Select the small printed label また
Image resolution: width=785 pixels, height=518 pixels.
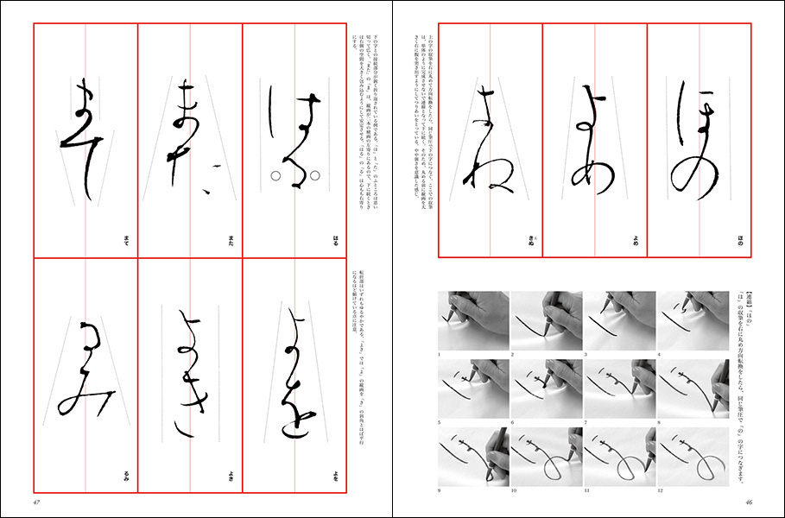231,246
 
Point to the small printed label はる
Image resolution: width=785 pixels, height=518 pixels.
336,246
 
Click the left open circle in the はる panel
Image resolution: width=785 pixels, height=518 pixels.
274,176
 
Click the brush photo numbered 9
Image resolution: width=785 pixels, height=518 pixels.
473,458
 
